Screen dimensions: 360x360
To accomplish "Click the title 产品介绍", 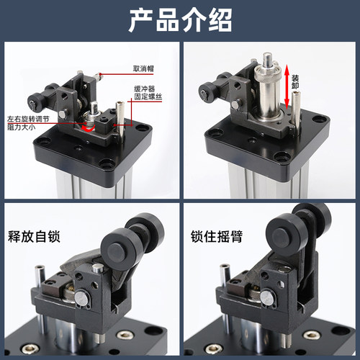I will [x=179, y=20].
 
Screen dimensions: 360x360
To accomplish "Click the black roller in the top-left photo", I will [x=52, y=94].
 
